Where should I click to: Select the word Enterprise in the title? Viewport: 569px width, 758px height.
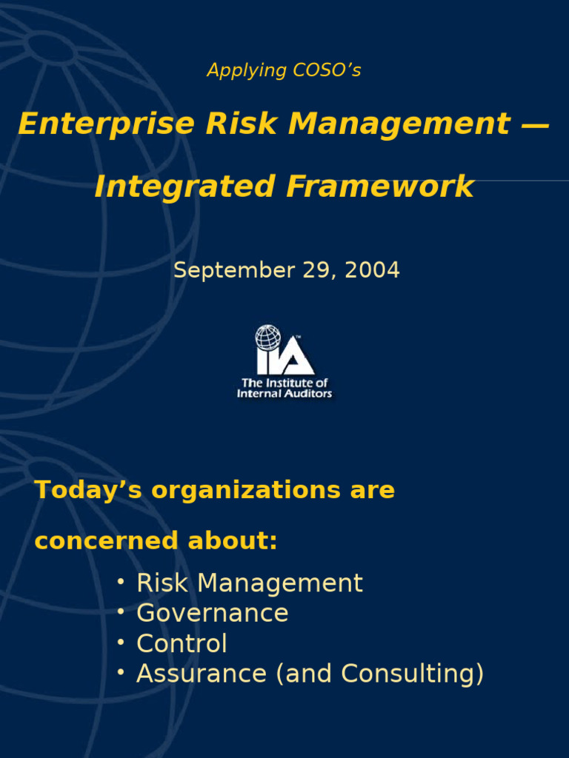click(x=106, y=124)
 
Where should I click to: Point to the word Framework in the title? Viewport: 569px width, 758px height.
click(x=380, y=187)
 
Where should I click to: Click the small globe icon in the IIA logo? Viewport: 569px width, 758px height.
click(x=268, y=338)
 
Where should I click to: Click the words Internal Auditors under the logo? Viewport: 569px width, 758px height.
click(x=284, y=394)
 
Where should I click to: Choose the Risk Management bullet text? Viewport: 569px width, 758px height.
click(x=250, y=583)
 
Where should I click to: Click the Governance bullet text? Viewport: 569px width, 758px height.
click(x=213, y=614)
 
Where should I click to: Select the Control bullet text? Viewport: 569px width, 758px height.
click(x=182, y=644)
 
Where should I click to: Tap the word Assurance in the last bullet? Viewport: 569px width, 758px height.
click(x=202, y=674)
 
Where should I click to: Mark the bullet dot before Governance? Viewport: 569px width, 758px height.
click(x=121, y=612)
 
